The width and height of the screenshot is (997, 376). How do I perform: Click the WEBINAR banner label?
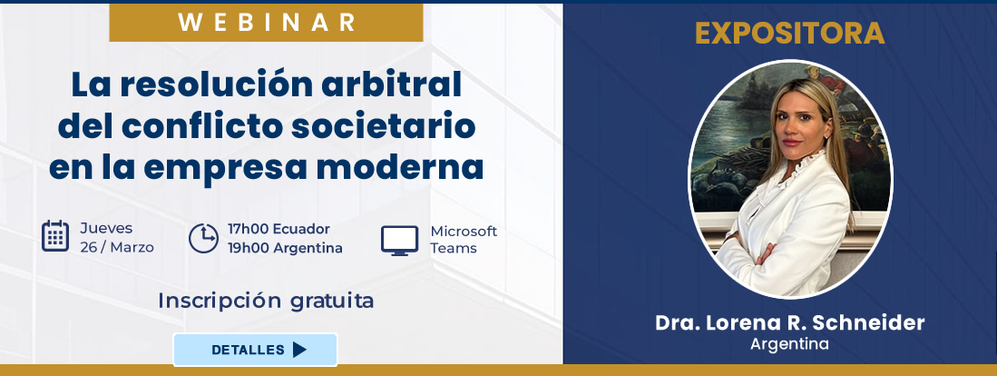[266, 22]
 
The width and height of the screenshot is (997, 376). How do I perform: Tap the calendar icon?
[55, 236]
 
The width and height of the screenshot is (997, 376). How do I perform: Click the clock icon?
[202, 238]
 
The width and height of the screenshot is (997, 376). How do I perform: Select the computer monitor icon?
[399, 240]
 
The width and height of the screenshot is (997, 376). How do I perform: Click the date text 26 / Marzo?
[117, 247]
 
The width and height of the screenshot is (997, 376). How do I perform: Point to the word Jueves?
[106, 228]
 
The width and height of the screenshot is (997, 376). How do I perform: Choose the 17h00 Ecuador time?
[279, 229]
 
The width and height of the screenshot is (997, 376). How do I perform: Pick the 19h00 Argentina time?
[285, 248]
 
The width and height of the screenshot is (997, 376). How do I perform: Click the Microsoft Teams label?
[464, 239]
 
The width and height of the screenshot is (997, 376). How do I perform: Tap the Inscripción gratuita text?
[266, 301]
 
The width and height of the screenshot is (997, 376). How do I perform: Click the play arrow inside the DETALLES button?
[299, 350]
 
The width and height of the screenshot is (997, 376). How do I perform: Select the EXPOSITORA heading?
[789, 34]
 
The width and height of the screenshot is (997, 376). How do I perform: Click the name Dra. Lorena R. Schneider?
[789, 323]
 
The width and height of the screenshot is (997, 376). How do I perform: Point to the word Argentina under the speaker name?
[789, 344]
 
